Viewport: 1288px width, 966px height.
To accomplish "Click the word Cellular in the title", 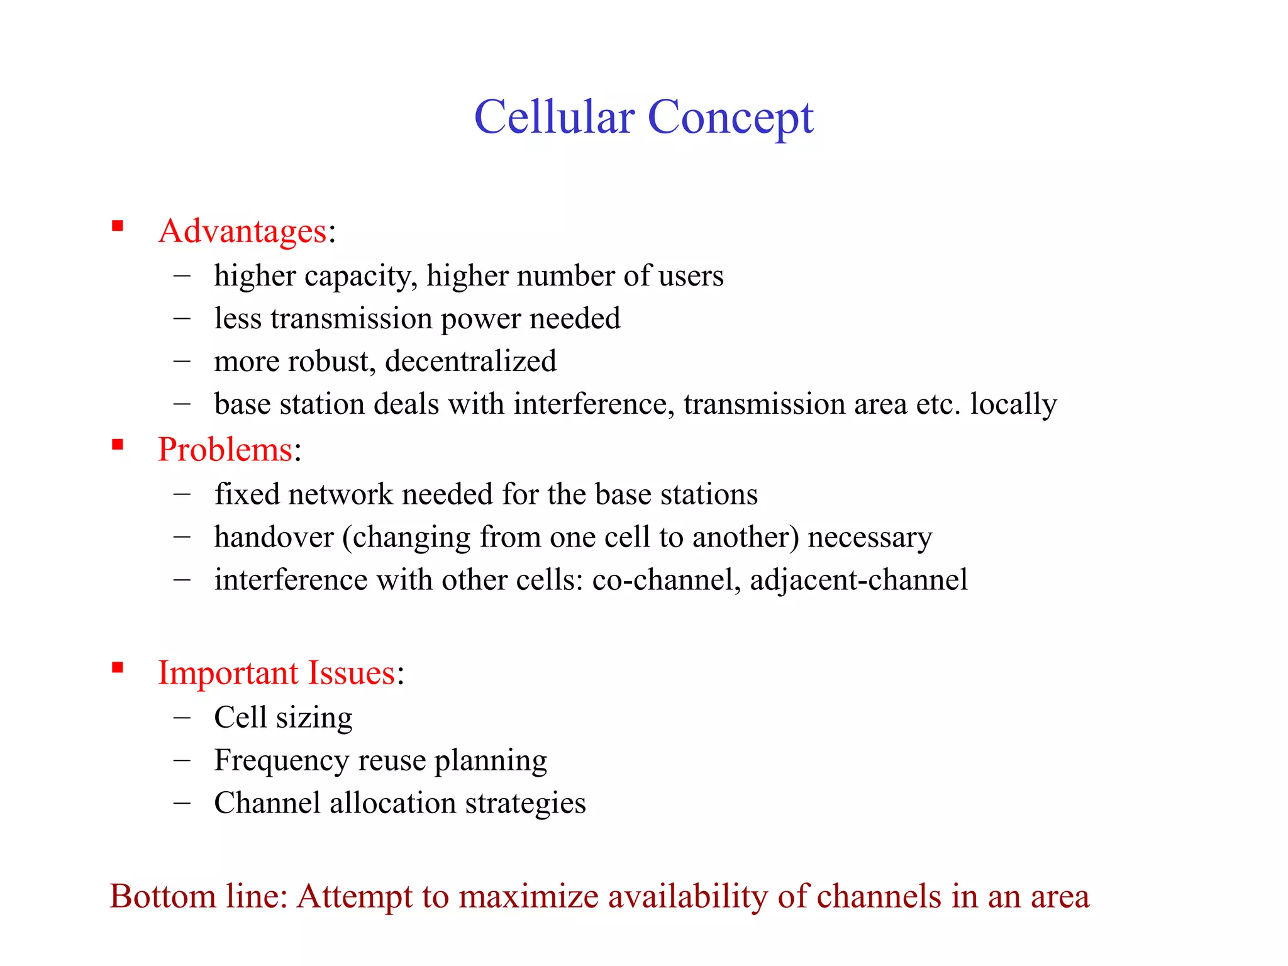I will (x=554, y=118).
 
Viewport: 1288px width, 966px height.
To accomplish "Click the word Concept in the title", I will (x=730, y=118).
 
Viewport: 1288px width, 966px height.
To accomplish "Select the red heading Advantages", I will (x=243, y=231).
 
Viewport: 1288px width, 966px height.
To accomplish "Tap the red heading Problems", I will (x=225, y=450).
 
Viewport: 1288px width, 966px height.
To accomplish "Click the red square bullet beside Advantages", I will (x=117, y=226).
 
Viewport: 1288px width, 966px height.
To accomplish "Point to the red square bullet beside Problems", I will (x=117, y=445).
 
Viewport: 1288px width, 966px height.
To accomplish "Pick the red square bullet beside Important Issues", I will (x=117, y=667).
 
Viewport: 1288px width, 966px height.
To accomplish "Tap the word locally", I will (x=1013, y=404).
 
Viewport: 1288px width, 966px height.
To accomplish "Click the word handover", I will (x=274, y=538).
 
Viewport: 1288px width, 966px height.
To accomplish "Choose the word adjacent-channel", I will (x=858, y=580).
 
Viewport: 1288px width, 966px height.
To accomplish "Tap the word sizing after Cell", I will (x=314, y=718).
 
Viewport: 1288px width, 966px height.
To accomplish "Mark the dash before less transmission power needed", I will (x=182, y=318).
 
